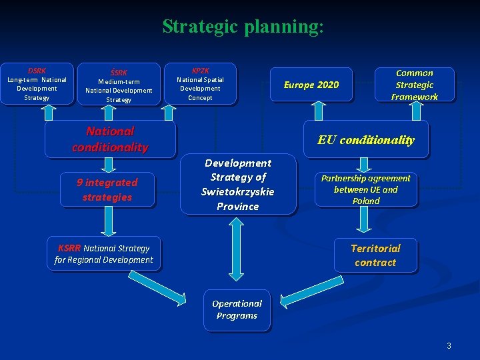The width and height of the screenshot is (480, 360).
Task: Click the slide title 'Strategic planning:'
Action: [243, 27]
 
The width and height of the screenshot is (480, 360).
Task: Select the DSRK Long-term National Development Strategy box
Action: [37, 83]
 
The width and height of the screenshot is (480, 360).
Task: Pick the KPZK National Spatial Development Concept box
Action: [200, 83]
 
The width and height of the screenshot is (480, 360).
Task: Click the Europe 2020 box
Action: [311, 85]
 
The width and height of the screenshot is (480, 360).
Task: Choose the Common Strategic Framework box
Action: [415, 85]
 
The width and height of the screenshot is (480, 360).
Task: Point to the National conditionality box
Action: [110, 139]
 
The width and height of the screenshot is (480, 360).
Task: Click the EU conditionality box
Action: [365, 140]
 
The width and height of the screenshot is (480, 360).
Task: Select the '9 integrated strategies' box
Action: [107, 190]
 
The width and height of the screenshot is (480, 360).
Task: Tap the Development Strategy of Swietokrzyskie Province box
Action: [237, 185]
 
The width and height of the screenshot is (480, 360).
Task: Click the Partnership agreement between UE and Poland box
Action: [365, 189]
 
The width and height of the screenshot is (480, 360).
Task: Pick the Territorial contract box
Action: [375, 255]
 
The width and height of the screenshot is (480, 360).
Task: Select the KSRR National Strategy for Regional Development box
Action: [104, 254]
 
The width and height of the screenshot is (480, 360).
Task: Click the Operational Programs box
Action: [237, 309]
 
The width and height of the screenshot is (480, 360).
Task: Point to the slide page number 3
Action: [449, 345]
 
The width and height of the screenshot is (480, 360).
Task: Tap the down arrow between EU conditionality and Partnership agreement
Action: [364, 164]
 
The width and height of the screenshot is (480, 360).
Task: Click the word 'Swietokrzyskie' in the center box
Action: [237, 192]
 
